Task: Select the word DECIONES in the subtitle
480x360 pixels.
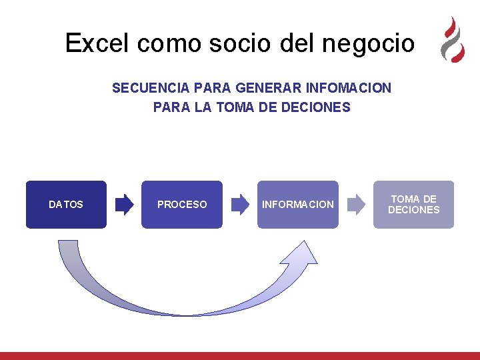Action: coord(317,107)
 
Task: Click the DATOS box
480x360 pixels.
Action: coord(66,205)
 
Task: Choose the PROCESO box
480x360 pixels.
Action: coord(182,205)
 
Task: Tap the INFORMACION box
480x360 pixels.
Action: coord(298,205)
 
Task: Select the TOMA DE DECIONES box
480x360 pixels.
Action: coord(413,205)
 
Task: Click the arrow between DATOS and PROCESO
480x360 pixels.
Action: coord(124,205)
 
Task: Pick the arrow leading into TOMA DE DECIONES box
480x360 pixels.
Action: coord(356,205)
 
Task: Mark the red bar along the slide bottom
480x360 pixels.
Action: coord(240,356)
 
